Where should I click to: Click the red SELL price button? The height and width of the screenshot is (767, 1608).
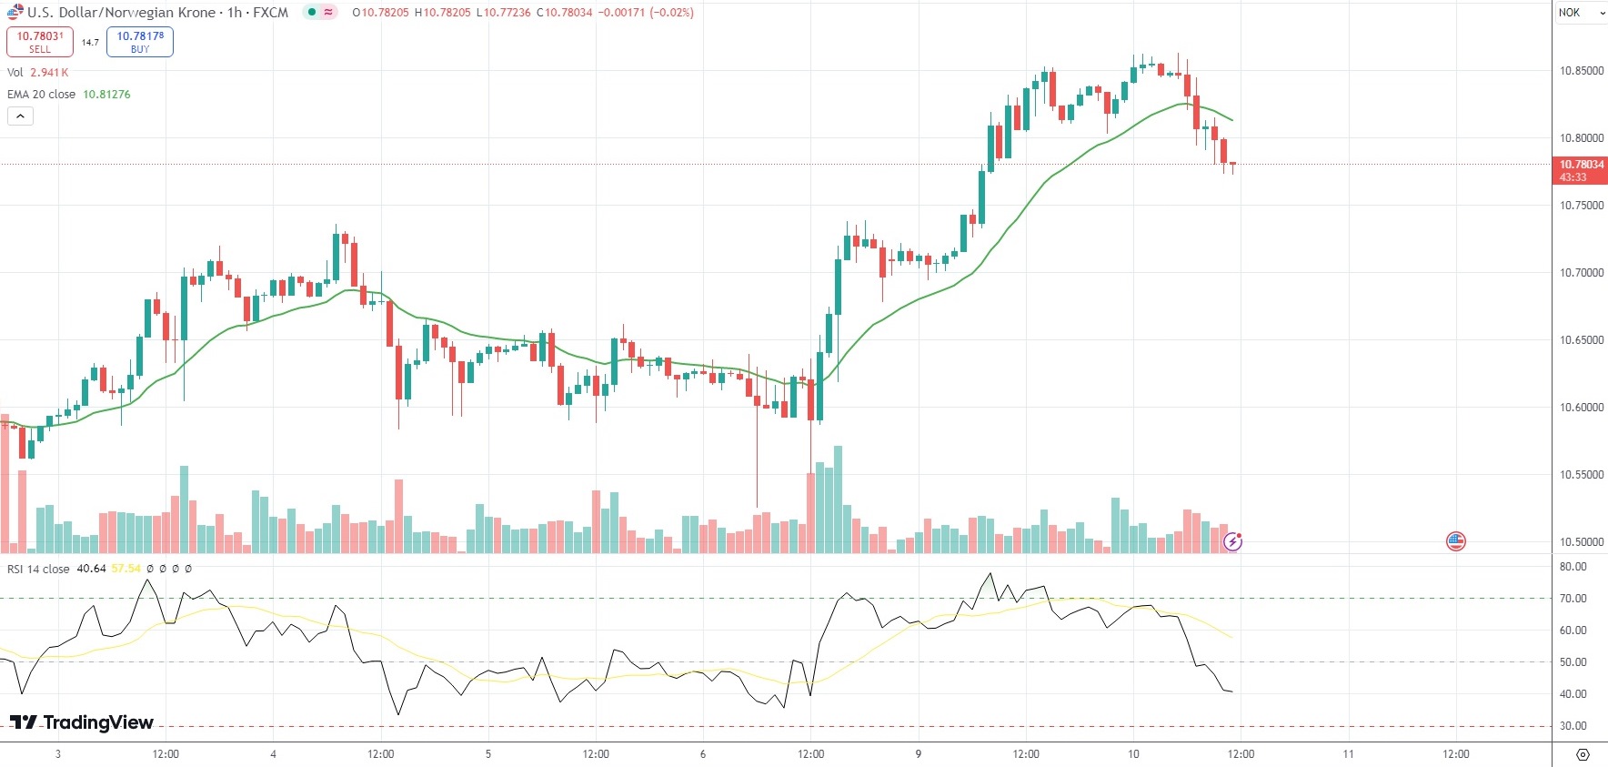pyautogui.click(x=40, y=42)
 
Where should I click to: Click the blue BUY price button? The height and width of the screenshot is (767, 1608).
pyautogui.click(x=140, y=42)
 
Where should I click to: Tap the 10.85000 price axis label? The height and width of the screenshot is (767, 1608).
pyautogui.click(x=1582, y=71)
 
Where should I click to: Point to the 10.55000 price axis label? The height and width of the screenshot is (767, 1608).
pyautogui.click(x=1582, y=475)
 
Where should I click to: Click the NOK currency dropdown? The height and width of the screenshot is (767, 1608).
pyautogui.click(x=1581, y=13)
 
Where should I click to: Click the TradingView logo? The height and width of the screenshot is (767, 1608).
pyautogui.click(x=82, y=722)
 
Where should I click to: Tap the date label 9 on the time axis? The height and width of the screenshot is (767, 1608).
pyautogui.click(x=919, y=754)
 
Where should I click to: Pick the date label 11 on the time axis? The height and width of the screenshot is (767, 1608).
pyautogui.click(x=1349, y=754)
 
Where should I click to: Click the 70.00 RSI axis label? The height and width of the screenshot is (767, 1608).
pyautogui.click(x=1573, y=599)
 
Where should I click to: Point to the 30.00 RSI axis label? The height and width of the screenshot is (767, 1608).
pyautogui.click(x=1573, y=726)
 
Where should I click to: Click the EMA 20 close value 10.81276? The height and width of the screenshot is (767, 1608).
pyautogui.click(x=106, y=95)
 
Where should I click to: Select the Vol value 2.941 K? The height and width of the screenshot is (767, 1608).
pyautogui.click(x=49, y=73)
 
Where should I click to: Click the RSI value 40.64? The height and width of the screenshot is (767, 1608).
pyautogui.click(x=91, y=569)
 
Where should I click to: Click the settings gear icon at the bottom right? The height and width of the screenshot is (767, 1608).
pyautogui.click(x=1583, y=755)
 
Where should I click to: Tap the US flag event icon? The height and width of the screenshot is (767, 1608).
pyautogui.click(x=1456, y=541)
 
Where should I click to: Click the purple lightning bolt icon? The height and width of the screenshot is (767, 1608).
pyautogui.click(x=1232, y=542)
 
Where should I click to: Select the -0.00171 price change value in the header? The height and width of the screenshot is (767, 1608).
pyautogui.click(x=621, y=13)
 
